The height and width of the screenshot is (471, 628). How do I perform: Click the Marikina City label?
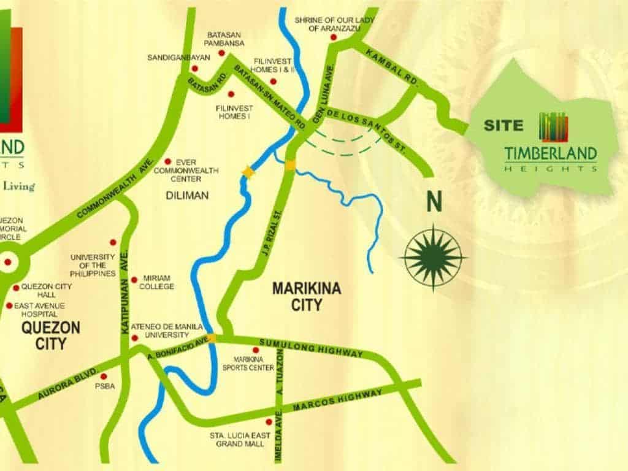tap(298, 296)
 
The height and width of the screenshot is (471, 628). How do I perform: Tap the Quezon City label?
tap(50, 335)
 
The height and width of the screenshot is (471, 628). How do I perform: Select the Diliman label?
tap(187, 196)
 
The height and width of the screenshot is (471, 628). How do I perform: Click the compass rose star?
tap(434, 257)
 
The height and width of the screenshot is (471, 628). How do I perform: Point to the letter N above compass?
tap(435, 202)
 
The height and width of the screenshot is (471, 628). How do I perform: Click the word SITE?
tap(504, 126)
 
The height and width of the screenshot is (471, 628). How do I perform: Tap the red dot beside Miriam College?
tap(134, 279)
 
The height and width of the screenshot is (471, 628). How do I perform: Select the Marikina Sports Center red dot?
tap(256, 350)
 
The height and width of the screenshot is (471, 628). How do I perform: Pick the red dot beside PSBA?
tap(104, 376)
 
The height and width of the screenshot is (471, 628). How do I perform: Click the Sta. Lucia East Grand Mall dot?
tap(269, 422)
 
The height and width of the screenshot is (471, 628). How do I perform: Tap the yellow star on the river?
tap(248, 172)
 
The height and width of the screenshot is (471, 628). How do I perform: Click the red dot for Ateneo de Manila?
tap(134, 337)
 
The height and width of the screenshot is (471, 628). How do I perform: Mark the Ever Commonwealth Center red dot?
tap(167, 161)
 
